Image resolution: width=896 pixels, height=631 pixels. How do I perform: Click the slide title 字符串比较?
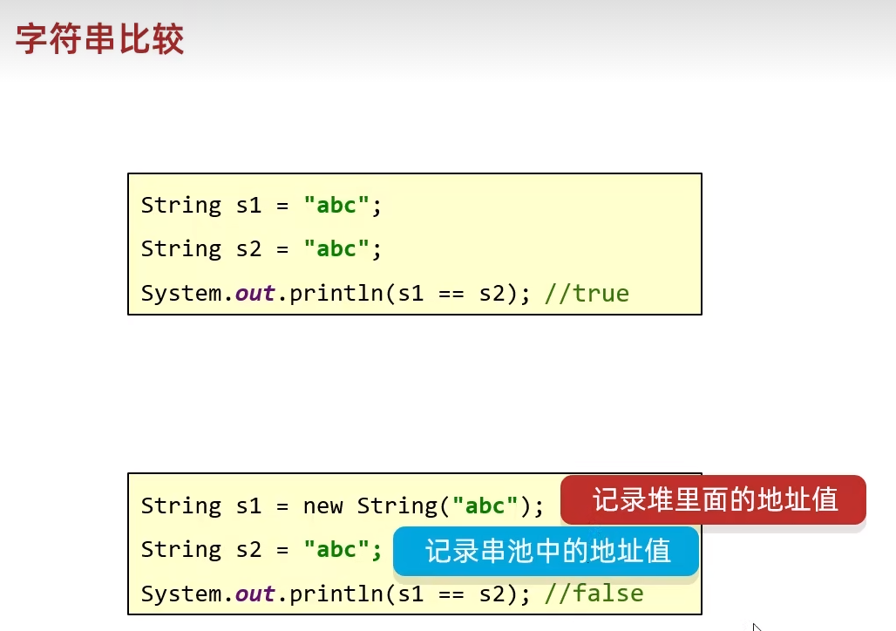pyautogui.click(x=100, y=39)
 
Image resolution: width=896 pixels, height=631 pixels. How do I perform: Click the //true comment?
pyautogui.click(x=587, y=293)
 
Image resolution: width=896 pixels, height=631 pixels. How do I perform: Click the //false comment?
pyautogui.click(x=594, y=594)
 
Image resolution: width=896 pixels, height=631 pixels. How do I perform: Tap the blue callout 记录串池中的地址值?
pyautogui.click(x=546, y=551)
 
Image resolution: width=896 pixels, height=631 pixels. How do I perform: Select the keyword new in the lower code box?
pyautogui.click(x=322, y=506)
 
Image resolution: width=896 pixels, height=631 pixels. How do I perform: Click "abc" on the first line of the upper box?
pyautogui.click(x=336, y=205)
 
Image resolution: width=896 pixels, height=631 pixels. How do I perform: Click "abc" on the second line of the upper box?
pyautogui.click(x=336, y=248)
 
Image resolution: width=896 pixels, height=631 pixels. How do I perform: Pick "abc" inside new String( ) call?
pyautogui.click(x=485, y=505)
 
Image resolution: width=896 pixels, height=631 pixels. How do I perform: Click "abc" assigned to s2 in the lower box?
pyautogui.click(x=336, y=549)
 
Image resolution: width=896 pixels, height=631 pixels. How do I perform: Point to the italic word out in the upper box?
pyautogui.click(x=255, y=293)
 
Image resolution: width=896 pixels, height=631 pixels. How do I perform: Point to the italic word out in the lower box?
pyautogui.click(x=255, y=594)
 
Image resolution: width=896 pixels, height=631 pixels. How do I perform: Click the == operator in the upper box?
pyautogui.click(x=451, y=294)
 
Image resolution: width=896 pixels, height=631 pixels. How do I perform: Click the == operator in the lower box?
pyautogui.click(x=451, y=594)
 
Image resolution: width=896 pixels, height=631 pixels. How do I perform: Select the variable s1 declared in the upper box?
pyautogui.click(x=248, y=205)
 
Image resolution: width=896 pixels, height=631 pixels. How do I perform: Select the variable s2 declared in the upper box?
pyautogui.click(x=248, y=248)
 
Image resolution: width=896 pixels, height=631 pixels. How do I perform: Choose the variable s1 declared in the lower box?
pyautogui.click(x=248, y=505)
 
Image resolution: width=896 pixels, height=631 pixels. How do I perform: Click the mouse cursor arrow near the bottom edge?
pyautogui.click(x=757, y=627)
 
